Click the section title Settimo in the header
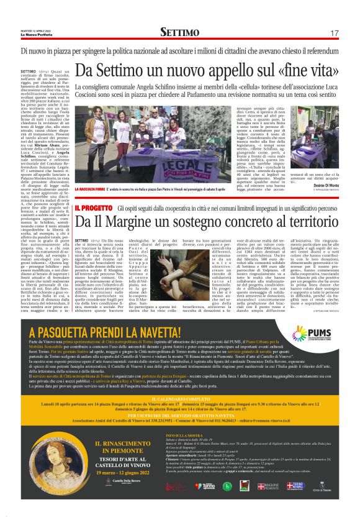(x=179, y=32)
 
